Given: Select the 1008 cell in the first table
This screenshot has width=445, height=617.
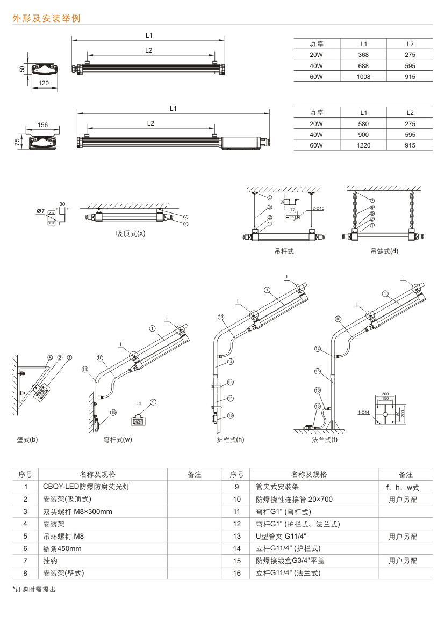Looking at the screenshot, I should (363, 77).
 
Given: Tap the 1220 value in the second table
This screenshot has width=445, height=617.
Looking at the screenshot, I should (363, 146).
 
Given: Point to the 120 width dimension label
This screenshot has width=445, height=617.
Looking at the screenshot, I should (45, 83).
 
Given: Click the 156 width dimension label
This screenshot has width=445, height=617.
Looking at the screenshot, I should (42, 125).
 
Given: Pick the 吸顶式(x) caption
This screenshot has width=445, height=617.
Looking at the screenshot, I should (130, 234).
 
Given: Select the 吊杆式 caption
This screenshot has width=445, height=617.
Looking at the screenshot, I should (284, 251).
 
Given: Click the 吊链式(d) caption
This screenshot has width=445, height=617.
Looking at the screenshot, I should (384, 251).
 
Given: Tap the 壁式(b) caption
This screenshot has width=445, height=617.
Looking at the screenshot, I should (27, 439).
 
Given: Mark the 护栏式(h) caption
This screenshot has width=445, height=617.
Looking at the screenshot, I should (230, 439).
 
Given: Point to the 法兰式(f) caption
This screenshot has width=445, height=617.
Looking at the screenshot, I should (325, 439).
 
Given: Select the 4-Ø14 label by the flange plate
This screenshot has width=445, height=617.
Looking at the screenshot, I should (363, 412).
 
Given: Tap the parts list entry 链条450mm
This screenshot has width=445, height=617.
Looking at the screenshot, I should (62, 548).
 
